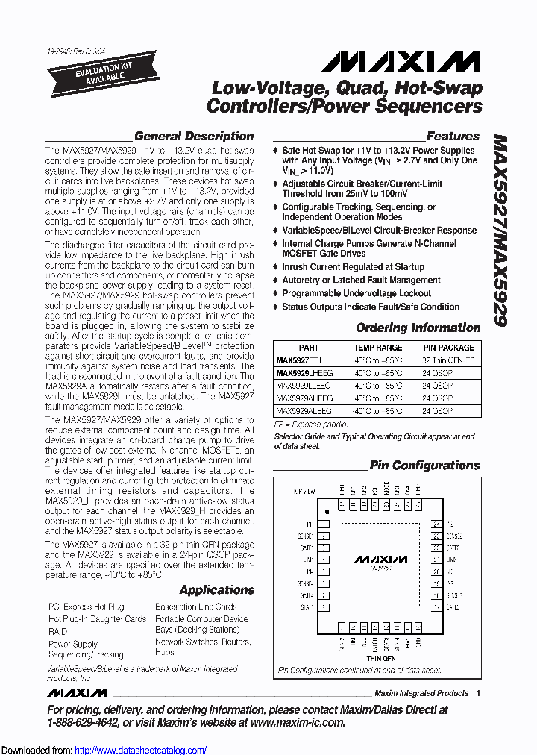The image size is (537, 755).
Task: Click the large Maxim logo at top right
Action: point(406,61)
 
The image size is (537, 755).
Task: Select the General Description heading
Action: point(194,136)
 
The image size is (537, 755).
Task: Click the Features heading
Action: point(453,136)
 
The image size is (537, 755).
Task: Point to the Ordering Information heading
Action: point(418,328)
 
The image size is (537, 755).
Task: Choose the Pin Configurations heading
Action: point(425,466)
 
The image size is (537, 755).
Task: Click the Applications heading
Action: point(216,590)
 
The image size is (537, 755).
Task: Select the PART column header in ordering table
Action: point(309,348)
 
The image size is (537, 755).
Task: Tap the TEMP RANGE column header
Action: point(377,348)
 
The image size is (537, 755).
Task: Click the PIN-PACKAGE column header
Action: point(448,348)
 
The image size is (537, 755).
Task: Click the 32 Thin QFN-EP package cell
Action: point(448,360)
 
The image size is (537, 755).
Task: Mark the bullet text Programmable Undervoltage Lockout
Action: point(357,293)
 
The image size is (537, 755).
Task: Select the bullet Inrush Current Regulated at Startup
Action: point(353,266)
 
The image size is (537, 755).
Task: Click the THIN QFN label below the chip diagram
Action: point(380,658)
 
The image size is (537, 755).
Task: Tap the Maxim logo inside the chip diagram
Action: point(380,559)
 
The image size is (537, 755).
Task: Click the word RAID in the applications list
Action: point(57,631)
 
